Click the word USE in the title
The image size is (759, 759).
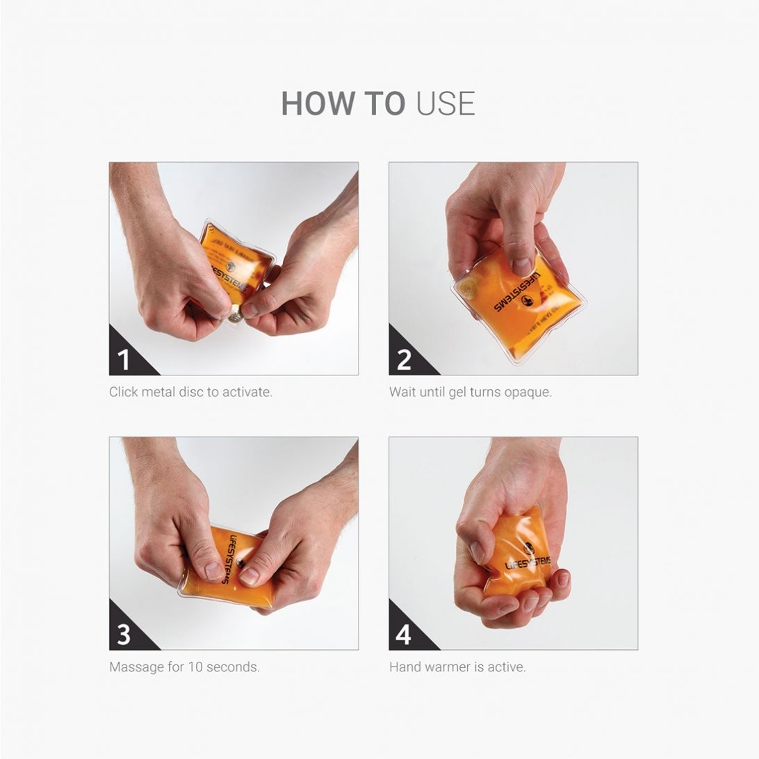446,104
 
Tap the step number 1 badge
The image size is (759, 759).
124,360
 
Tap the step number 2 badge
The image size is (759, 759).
404,360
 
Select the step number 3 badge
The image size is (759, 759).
124,635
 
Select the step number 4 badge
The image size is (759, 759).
404,635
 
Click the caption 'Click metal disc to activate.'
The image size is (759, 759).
190,392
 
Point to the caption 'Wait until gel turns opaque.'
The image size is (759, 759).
471,392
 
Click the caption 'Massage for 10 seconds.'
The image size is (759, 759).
184,667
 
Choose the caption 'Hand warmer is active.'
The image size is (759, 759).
457,667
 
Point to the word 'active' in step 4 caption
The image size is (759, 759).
507,667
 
